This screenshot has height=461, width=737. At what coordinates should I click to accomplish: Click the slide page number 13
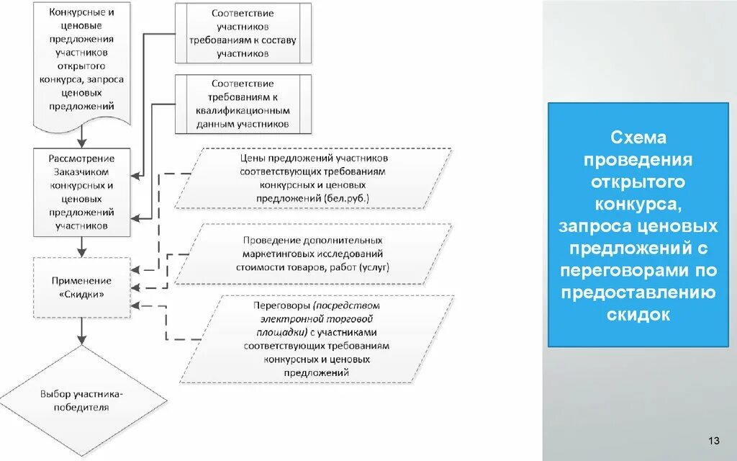714,441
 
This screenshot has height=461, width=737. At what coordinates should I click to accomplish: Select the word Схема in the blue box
639,137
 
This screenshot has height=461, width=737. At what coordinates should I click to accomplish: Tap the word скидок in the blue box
639,315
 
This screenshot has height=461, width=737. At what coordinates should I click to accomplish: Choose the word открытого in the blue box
639,182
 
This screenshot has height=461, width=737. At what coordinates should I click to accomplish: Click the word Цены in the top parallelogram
251,158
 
